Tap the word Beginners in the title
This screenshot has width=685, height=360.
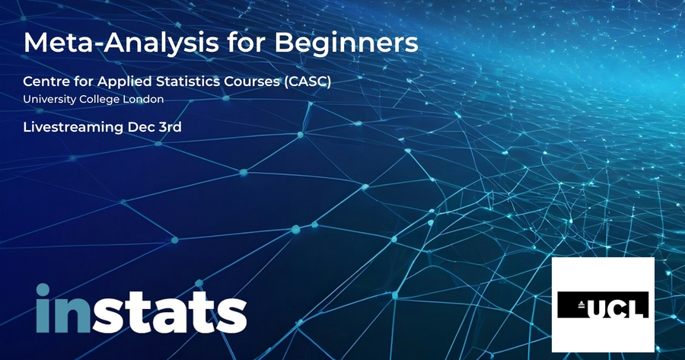[x=346, y=43]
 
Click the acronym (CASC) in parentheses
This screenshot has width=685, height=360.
[x=307, y=81]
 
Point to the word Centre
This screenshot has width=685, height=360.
[x=43, y=81]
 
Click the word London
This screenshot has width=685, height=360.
[x=143, y=99]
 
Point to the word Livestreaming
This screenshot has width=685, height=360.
[x=73, y=128]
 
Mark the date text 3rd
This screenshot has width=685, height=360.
[x=170, y=127]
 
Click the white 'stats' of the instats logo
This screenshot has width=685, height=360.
[x=170, y=312]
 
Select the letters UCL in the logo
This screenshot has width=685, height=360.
[x=617, y=308]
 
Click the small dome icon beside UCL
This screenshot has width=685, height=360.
[x=581, y=305]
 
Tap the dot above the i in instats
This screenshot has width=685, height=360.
[x=43, y=290]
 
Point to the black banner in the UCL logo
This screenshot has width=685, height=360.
[x=604, y=305]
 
